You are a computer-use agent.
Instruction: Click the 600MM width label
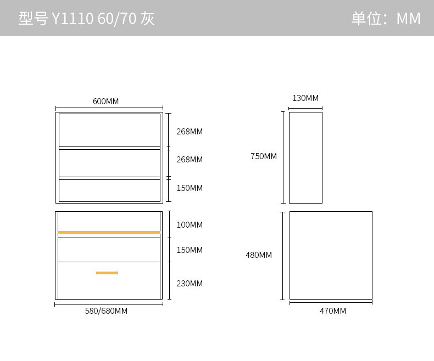(105, 101)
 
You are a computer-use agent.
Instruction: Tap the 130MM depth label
(305, 98)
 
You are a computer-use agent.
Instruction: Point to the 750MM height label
(264, 156)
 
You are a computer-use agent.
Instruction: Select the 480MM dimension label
(259, 255)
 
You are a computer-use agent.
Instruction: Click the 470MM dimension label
(333, 311)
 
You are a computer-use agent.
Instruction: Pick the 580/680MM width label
(106, 311)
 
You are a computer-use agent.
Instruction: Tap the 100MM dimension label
(190, 225)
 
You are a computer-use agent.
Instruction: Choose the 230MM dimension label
(190, 284)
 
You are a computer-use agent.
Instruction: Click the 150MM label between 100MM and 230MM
(190, 250)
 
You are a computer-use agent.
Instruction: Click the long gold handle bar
(109, 233)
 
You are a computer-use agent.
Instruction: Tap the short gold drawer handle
(107, 273)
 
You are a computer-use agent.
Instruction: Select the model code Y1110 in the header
(73, 19)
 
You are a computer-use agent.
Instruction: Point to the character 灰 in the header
(147, 19)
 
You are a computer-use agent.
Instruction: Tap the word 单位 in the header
(366, 19)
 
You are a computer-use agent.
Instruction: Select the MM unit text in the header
(408, 19)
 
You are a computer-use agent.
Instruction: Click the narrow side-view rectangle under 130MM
(305, 157)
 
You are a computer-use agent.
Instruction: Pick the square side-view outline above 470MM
(331, 255)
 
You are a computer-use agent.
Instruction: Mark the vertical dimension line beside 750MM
(283, 157)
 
